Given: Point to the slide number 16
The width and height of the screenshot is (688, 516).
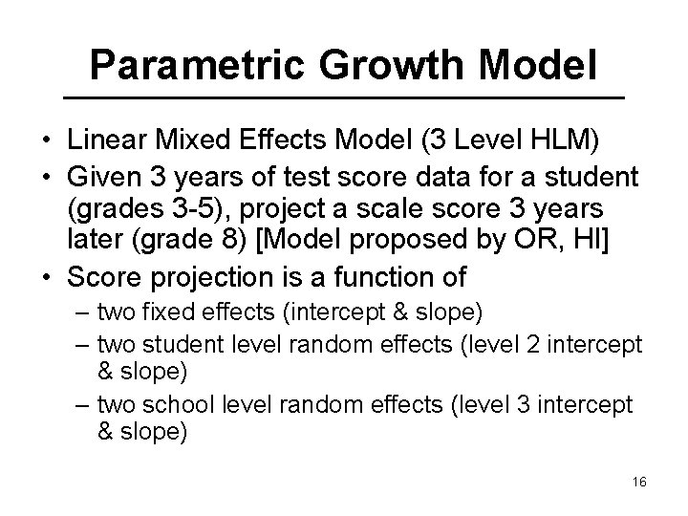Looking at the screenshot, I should [x=639, y=482].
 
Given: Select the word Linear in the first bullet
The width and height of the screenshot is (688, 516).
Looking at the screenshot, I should [x=100, y=142].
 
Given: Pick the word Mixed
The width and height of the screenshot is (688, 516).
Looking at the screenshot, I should [x=180, y=142].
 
